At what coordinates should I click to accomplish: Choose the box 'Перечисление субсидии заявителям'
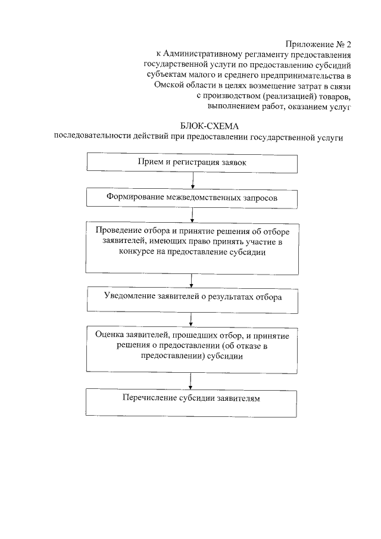click(x=191, y=403)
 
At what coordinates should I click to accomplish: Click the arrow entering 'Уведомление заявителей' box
click(x=191, y=280)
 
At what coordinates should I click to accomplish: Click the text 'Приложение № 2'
click(x=318, y=44)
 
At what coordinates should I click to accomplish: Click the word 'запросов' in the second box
click(x=259, y=197)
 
